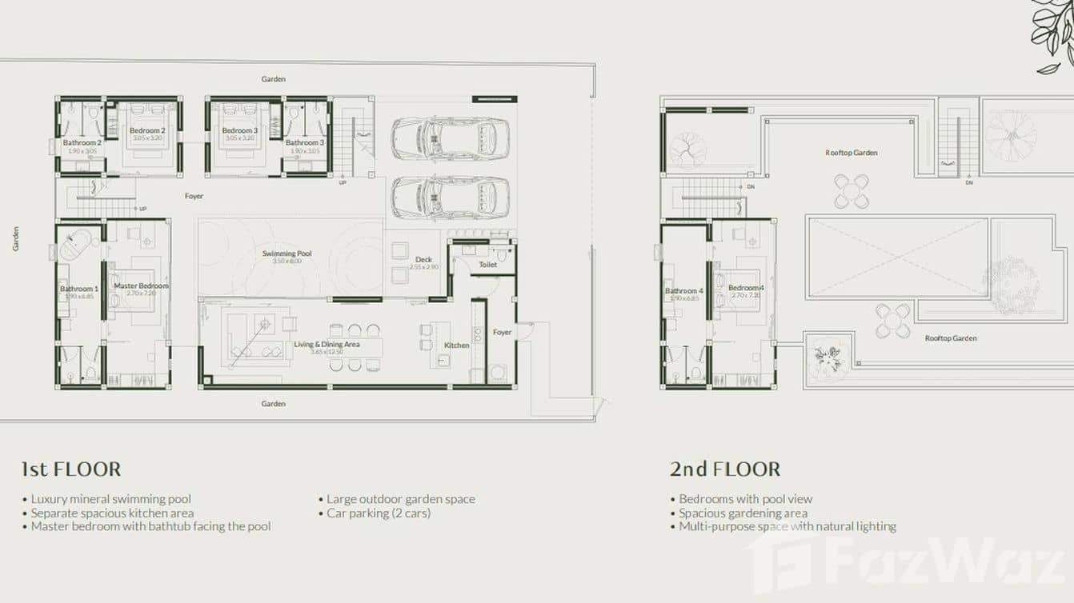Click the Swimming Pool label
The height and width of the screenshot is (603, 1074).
coord(287,254)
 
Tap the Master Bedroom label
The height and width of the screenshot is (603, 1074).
coord(142,286)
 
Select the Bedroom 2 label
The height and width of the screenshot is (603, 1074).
coord(147,130)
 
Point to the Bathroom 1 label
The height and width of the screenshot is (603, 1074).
coord(79,289)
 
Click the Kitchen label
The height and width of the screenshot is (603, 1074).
coord(457,345)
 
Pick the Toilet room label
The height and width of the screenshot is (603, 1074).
coord(487,264)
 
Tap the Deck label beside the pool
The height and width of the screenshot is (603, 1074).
coord(423,259)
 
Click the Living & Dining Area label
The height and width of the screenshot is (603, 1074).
coord(327,345)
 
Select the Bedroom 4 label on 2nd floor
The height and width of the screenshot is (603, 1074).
coord(746,288)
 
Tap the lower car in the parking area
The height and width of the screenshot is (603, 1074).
coord(451,196)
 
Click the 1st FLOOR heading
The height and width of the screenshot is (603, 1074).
coord(71,469)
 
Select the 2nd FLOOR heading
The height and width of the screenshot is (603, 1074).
coord(725,469)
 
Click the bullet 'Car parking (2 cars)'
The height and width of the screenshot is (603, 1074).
coord(379,513)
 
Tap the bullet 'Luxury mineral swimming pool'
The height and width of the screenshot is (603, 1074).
coord(111,499)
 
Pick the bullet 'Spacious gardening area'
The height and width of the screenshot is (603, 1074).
coord(743,513)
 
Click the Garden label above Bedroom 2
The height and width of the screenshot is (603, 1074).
coord(274,79)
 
